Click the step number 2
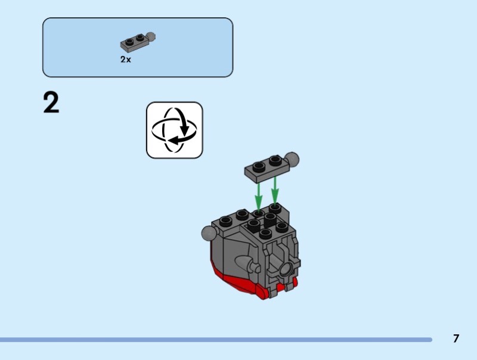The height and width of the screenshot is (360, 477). [51, 103]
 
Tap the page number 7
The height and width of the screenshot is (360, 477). [456, 339]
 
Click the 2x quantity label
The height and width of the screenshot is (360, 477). [125, 60]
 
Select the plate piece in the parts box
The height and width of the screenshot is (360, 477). [135, 43]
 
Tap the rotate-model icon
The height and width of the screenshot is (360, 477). [175, 130]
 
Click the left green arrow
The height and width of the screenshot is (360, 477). [258, 194]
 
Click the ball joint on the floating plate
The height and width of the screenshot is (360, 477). [292, 160]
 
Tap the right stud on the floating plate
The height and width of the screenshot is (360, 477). [274, 160]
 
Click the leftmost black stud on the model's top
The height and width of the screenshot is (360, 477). [225, 221]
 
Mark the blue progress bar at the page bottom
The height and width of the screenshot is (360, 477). [215, 340]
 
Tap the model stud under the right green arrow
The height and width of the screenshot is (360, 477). [274, 207]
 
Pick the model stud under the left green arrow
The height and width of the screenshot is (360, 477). [258, 213]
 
